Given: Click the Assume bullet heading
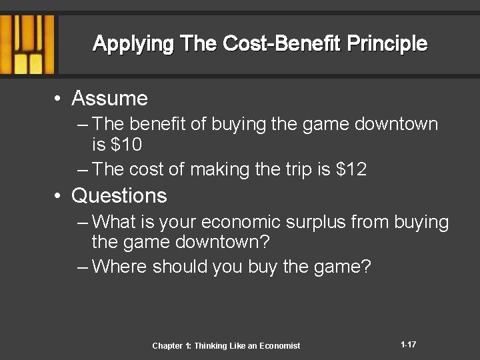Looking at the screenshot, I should [x=109, y=99].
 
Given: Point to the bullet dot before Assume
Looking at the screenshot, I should [x=59, y=99].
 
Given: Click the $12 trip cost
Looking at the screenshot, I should [x=351, y=169].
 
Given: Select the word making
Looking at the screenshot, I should [x=217, y=169].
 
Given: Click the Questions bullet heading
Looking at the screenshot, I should [x=119, y=196].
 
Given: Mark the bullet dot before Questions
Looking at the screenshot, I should [x=59, y=197].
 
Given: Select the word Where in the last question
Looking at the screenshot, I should [x=121, y=267].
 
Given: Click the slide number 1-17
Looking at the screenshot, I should [x=409, y=345].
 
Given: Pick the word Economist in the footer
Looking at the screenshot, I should [x=277, y=345].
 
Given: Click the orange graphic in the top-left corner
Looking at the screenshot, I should [x=27, y=44].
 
